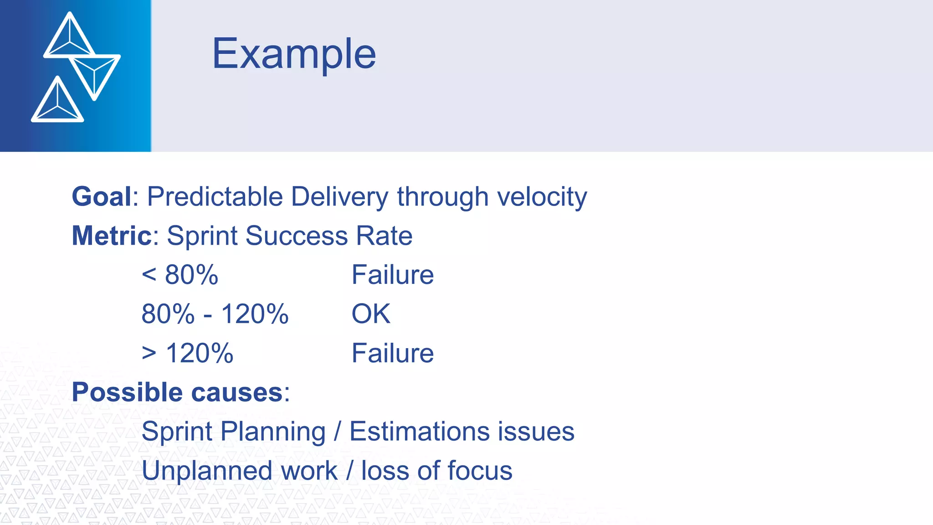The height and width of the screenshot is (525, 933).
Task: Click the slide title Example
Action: [x=294, y=55]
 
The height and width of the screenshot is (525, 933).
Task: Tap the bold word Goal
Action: [x=102, y=197]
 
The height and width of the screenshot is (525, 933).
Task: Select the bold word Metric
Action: [x=112, y=236]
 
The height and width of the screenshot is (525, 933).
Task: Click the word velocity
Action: [x=542, y=197]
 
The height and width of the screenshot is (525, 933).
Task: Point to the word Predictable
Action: [x=215, y=197]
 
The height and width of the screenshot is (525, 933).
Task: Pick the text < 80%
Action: [x=180, y=275]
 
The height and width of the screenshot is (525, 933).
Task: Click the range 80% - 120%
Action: [x=215, y=314]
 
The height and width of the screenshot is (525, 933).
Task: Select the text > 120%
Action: [x=187, y=353]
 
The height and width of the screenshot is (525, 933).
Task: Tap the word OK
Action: [x=371, y=314]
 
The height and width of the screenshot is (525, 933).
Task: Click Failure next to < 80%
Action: [x=392, y=275]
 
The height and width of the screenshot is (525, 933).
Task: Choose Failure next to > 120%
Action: [x=392, y=353]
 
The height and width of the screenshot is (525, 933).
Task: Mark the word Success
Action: [x=297, y=236]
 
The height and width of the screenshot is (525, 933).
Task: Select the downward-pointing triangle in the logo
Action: [x=95, y=73]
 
